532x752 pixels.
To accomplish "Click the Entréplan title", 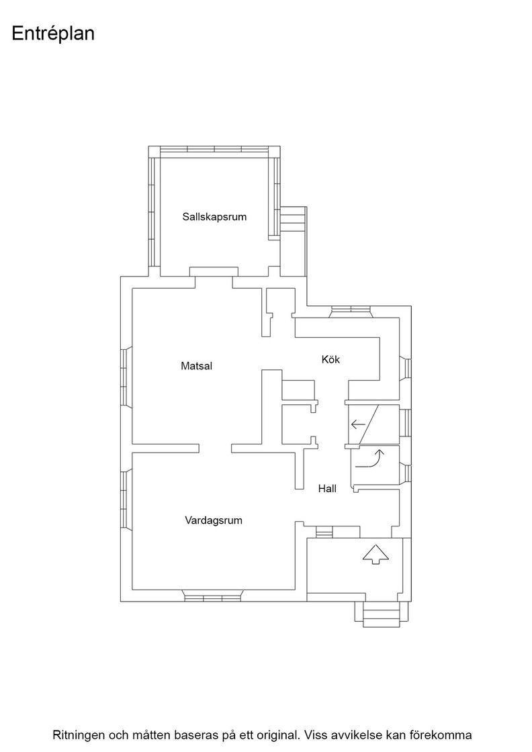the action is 53,34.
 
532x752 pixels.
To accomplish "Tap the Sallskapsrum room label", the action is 214,217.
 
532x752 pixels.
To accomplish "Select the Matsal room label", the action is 196,366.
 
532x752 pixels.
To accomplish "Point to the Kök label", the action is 330,359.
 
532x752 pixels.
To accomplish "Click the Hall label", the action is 327,489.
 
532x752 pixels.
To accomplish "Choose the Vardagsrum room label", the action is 214,520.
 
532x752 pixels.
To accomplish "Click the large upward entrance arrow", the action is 375,555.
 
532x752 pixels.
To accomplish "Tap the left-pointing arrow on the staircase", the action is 358,424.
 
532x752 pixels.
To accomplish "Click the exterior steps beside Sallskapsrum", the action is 293,222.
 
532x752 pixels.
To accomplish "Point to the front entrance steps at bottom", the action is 382,614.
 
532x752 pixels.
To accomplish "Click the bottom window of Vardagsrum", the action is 212,598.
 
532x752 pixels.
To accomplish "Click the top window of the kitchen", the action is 351,312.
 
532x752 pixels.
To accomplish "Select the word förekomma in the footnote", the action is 440,735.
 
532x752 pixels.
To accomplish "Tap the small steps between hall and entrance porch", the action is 324,532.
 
